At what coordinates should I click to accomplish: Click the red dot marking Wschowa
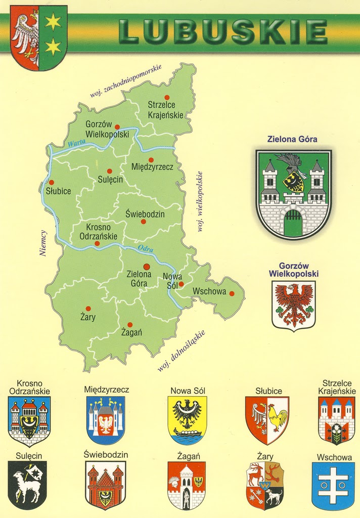point(232,293)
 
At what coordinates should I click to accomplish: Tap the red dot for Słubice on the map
point(51,183)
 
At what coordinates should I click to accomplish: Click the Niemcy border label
point(43,243)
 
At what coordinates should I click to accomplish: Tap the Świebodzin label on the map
point(145,214)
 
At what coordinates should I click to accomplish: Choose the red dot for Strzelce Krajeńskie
point(166,97)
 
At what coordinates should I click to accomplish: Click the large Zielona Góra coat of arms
point(293,194)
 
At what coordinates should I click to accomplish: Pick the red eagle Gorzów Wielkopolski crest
point(294,306)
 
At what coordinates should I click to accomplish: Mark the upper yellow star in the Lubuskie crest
point(53,21)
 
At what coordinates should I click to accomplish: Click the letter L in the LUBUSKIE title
point(130,31)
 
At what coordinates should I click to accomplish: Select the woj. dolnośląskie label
point(181,351)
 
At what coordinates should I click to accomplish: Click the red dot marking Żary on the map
point(88,308)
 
